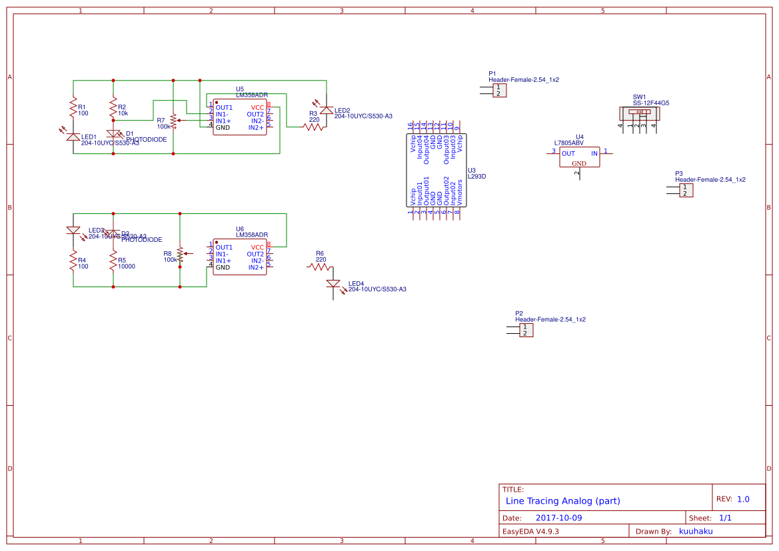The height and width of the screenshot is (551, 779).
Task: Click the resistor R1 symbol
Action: pos(73,107)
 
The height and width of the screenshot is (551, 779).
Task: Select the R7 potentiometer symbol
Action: pos(173,121)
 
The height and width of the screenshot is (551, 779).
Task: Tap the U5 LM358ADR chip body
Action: pos(240,117)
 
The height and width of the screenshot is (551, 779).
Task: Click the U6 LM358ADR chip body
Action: pos(240,257)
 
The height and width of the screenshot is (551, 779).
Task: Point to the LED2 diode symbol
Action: pos(327,110)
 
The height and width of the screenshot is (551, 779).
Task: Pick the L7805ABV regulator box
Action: pos(579,157)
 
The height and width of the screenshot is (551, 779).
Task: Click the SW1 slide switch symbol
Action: pos(640,115)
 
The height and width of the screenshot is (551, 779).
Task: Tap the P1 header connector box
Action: pos(498,90)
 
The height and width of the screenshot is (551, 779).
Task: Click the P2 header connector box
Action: pos(526,330)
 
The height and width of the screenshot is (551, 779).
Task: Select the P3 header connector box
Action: pos(685,191)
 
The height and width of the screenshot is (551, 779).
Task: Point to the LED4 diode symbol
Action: pos(334,284)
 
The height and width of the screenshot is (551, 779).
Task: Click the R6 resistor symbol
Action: pos(320,267)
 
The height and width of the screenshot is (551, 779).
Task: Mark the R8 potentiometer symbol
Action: pos(180,254)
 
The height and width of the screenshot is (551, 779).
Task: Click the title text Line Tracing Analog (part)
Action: pos(562,501)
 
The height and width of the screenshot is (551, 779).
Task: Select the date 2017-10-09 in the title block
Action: pos(558,518)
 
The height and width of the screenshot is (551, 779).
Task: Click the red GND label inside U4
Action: pos(579,163)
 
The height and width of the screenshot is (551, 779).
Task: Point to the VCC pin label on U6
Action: pos(257,247)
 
